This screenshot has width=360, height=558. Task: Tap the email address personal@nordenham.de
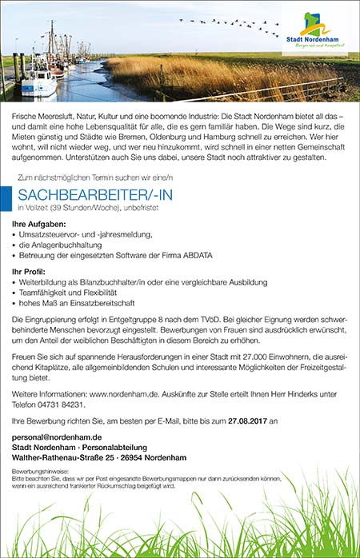(x=57, y=438)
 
